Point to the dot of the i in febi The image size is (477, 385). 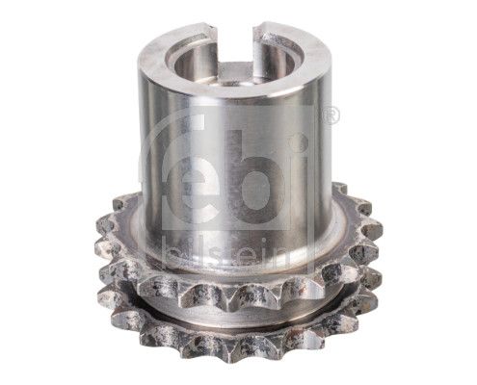tap(299, 143)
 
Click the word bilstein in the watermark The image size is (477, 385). tap(228, 255)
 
